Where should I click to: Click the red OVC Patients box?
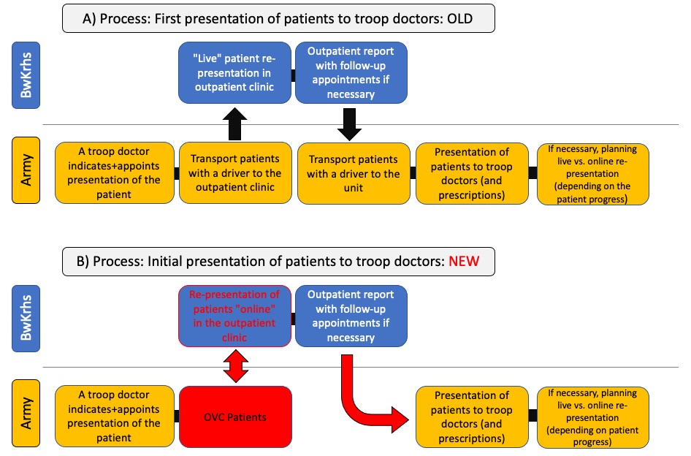(x=235, y=417)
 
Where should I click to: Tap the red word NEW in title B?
(x=464, y=261)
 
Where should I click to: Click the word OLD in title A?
(x=459, y=18)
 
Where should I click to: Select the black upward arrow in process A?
(x=235, y=124)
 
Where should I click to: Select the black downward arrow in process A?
(x=349, y=124)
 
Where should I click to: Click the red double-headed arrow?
(x=236, y=366)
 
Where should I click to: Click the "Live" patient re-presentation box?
(x=235, y=73)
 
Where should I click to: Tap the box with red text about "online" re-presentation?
(x=235, y=316)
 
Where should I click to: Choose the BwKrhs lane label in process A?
(x=26, y=75)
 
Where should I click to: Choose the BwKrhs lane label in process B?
(x=26, y=319)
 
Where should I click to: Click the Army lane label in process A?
(x=26, y=170)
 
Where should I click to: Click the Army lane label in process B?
(x=26, y=413)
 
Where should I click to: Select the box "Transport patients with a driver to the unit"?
(x=354, y=173)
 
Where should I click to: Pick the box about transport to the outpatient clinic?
(x=235, y=173)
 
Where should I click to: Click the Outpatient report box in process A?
(x=351, y=73)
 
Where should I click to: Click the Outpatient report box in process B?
(x=351, y=316)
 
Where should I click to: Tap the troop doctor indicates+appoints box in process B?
(x=115, y=417)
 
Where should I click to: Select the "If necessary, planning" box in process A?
(x=592, y=174)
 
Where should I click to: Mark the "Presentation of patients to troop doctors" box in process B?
(x=472, y=417)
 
